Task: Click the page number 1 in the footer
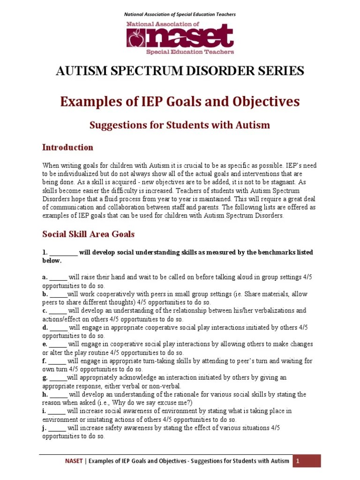tap(296, 461)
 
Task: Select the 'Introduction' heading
tap(67, 148)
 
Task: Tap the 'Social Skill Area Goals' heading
tap(88, 234)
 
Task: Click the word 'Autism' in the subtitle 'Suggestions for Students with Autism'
tap(254, 125)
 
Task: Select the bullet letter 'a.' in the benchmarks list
tap(45, 277)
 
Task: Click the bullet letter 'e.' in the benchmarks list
tap(45, 344)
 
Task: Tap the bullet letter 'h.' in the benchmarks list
tap(45, 394)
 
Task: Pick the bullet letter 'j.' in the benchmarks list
tap(45, 427)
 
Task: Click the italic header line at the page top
tap(180, 15)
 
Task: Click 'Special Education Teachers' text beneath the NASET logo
tap(190, 52)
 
